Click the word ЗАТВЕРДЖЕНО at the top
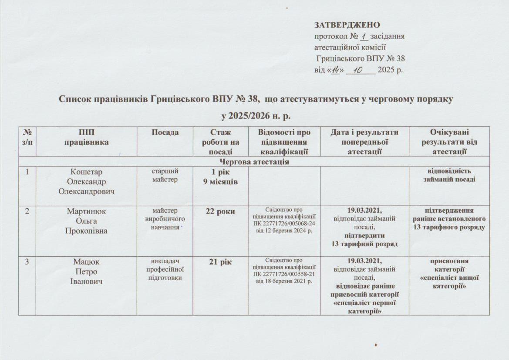pos(347,25)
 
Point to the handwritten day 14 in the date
pos(335,70)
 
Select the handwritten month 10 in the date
pos(360,70)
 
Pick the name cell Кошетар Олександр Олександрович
pos(86,180)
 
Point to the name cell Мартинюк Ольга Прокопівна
pos(86,221)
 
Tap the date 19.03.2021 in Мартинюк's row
pos(365,211)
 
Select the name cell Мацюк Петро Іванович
pos(86,271)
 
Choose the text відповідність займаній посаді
pos(449,175)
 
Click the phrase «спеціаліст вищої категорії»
pos(449,282)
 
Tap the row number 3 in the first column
pos(27,262)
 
